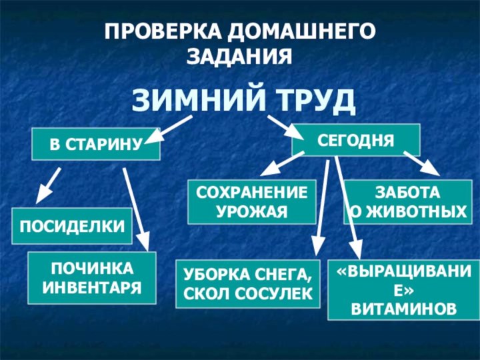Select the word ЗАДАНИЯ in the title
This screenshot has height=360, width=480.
[239, 56]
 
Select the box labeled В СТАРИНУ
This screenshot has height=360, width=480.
[96, 144]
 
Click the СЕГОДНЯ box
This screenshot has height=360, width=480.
[356, 139]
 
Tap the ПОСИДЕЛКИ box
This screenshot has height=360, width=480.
[72, 225]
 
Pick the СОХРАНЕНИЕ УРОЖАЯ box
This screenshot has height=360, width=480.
[251, 202]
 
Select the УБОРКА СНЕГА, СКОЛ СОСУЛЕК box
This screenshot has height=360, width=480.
[247, 283]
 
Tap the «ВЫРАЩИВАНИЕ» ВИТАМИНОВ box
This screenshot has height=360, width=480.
[399, 290]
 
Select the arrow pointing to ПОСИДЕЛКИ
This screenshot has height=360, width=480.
[48, 185]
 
